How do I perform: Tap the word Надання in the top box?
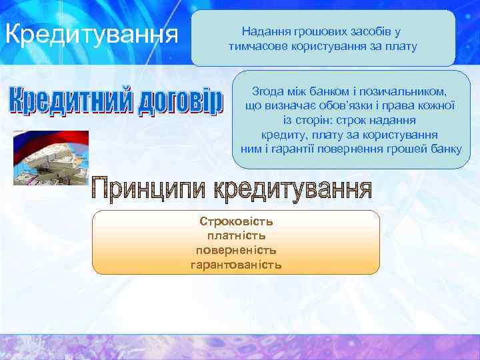(x=264, y=31)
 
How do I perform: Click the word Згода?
(x=267, y=91)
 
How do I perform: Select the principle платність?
(x=236, y=235)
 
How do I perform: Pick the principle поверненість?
(x=236, y=250)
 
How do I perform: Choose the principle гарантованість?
(x=236, y=265)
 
